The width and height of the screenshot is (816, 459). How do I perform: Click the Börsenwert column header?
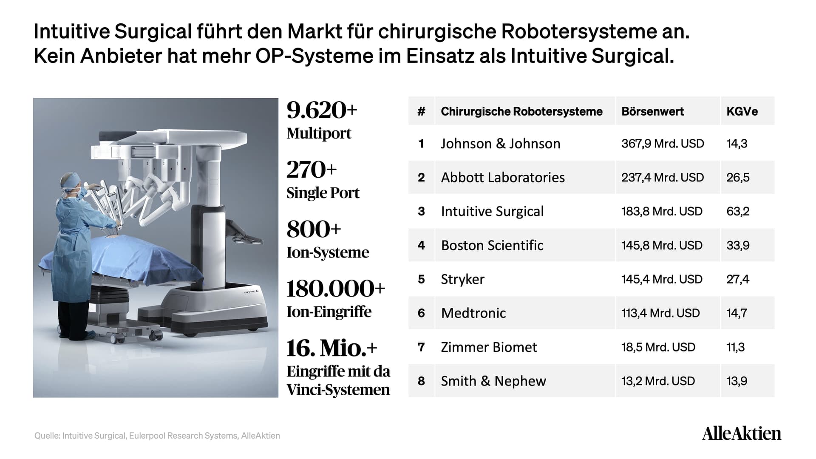(x=652, y=111)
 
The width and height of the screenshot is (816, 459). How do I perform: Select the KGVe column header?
(x=742, y=111)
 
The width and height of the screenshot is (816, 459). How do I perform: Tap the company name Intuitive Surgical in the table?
(x=492, y=211)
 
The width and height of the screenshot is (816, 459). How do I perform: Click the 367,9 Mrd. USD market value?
(x=663, y=144)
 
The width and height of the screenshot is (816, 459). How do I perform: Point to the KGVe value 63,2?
(x=738, y=211)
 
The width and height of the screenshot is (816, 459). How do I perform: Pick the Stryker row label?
(x=462, y=279)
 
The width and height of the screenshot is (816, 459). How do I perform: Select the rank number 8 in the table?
(x=421, y=381)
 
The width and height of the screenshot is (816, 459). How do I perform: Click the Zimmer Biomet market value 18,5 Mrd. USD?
(x=658, y=347)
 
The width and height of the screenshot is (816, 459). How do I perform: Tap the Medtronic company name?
(x=473, y=313)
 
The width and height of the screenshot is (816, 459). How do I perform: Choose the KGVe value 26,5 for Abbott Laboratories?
(x=738, y=177)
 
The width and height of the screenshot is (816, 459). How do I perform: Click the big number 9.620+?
(x=322, y=110)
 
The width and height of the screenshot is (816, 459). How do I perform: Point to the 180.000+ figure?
(x=336, y=289)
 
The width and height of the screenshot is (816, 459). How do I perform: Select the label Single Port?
(x=323, y=193)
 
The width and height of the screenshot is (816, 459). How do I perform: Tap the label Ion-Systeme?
(x=328, y=252)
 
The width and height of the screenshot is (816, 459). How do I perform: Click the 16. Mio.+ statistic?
(x=331, y=348)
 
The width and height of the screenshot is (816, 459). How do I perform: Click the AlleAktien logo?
(x=742, y=433)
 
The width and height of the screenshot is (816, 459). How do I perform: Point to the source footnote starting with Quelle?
(x=157, y=436)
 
